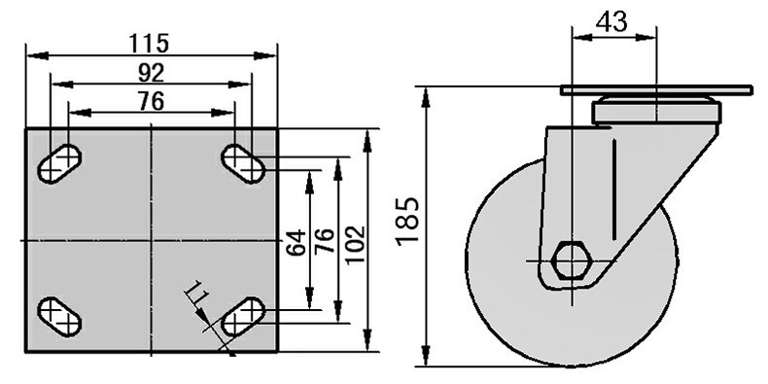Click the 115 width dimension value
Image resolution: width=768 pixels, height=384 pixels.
click(149, 43)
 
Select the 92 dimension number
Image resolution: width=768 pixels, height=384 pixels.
click(151, 73)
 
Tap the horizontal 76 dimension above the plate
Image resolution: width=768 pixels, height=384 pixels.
click(151, 101)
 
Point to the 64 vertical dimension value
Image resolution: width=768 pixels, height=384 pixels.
click(296, 242)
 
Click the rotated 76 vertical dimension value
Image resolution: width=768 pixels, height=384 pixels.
click(325, 240)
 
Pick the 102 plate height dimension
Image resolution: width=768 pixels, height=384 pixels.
click(355, 244)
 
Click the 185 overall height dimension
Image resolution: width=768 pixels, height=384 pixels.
click(407, 221)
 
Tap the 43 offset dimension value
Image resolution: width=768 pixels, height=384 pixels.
click(611, 21)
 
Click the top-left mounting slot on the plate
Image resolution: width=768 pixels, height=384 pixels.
click(59, 164)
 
